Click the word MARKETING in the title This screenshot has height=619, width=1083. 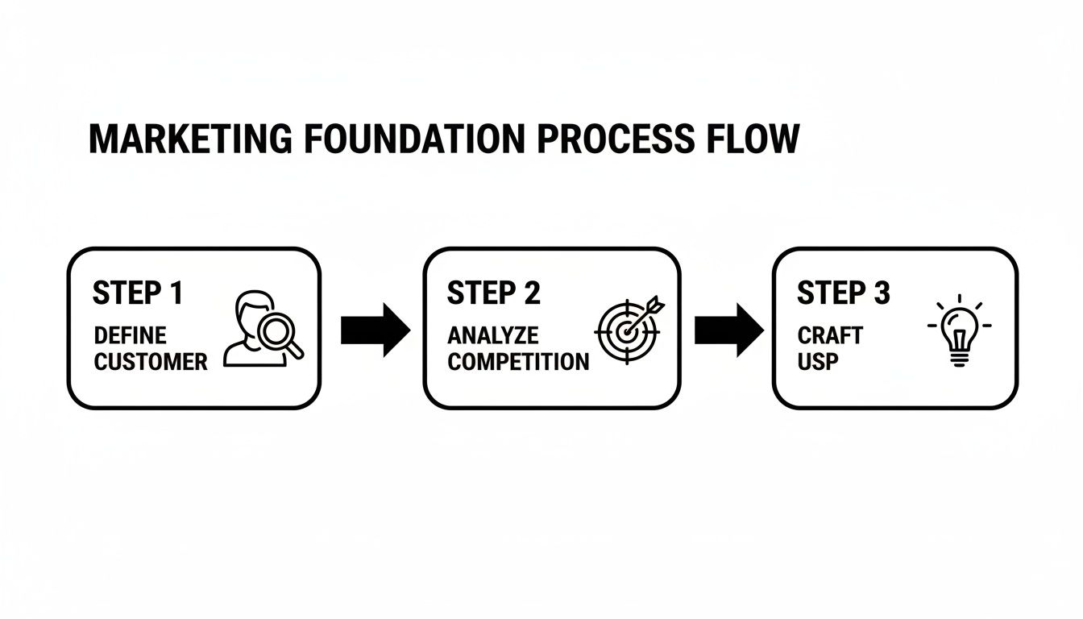(x=190, y=139)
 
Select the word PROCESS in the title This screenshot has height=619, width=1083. (x=614, y=139)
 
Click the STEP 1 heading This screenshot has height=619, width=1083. (x=138, y=293)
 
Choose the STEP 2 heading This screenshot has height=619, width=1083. (x=493, y=293)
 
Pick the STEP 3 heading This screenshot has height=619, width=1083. (x=844, y=293)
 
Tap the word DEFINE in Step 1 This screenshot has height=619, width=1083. (x=131, y=335)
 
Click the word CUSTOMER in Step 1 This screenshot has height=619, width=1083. (x=151, y=362)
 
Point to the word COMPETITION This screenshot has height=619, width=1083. (x=518, y=362)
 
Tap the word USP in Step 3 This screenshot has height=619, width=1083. (x=818, y=362)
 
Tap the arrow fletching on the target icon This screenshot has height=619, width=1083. (x=654, y=303)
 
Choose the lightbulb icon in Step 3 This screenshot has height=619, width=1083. (x=959, y=332)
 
